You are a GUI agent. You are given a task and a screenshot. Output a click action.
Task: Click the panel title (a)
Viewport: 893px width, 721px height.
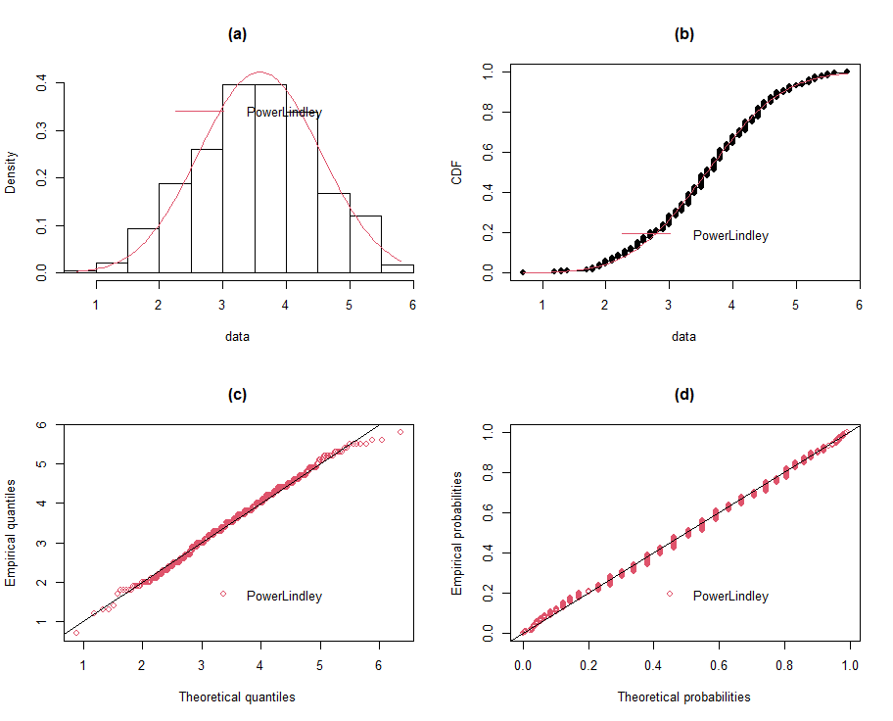(237, 33)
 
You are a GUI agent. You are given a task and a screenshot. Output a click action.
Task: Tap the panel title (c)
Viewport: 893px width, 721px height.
(237, 395)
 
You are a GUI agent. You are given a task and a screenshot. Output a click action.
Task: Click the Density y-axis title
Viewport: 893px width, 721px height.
(11, 171)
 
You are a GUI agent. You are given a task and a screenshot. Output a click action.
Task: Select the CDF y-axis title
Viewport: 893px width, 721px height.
(457, 171)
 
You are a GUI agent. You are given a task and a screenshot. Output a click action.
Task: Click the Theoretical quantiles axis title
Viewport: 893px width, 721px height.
(237, 697)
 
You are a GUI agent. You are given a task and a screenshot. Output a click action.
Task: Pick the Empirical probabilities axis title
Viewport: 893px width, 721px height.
(457, 533)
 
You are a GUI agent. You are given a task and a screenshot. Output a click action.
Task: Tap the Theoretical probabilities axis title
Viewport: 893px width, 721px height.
(683, 697)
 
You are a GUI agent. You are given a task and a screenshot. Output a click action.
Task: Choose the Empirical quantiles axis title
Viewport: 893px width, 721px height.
(11, 533)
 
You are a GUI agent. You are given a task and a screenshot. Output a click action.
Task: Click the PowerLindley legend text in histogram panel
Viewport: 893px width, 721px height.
(284, 113)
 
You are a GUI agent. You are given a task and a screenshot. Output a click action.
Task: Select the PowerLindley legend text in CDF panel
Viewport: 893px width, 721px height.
(730, 235)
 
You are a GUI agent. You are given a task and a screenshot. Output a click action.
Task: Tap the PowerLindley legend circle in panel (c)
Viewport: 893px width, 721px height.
(223, 594)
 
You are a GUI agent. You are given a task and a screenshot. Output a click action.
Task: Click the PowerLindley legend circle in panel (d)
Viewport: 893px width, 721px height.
(670, 594)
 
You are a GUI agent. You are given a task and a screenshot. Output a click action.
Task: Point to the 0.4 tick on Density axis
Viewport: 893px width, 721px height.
(43, 84)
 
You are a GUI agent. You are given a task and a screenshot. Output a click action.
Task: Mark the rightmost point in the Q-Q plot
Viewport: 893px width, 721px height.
(400, 432)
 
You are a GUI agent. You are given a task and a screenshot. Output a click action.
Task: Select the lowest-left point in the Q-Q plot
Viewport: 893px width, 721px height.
(76, 633)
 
